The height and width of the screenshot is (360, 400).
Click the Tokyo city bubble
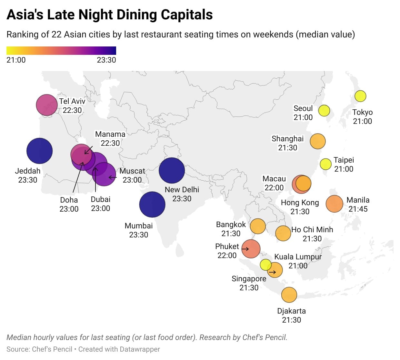pyautogui.click(x=360, y=96)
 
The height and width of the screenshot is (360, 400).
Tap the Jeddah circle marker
pyautogui.click(x=39, y=151)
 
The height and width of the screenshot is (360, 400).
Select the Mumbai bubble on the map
pyautogui.click(x=152, y=205)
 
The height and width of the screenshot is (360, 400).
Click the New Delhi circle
pyautogui.click(x=172, y=170)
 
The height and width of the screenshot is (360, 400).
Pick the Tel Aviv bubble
pyautogui.click(x=47, y=105)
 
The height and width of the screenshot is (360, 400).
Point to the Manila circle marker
pyautogui.click(x=335, y=204)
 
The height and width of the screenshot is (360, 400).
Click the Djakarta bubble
pyautogui.click(x=289, y=295)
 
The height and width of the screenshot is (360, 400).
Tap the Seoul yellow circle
pyautogui.click(x=324, y=111)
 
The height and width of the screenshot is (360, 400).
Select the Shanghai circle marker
pyautogui.click(x=318, y=141)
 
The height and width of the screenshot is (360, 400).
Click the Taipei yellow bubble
pyautogui.click(x=326, y=164)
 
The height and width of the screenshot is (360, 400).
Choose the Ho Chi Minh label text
pyautogui.click(x=312, y=230)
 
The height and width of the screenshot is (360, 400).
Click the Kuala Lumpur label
pyautogui.click(x=298, y=257)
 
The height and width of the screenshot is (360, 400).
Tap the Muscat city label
pyautogui.click(x=132, y=171)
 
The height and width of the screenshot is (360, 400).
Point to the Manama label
pyautogui.click(x=110, y=134)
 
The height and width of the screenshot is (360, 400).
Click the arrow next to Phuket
pyautogui.click(x=245, y=249)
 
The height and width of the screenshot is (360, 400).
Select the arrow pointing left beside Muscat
pyautogui.click(x=112, y=177)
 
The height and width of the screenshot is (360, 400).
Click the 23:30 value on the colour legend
pyautogui.click(x=106, y=60)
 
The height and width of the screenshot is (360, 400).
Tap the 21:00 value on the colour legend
pyautogui.click(x=16, y=60)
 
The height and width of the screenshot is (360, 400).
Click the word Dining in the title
pyautogui.click(x=137, y=15)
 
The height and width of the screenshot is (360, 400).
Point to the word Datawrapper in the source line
pyautogui.click(x=140, y=349)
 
